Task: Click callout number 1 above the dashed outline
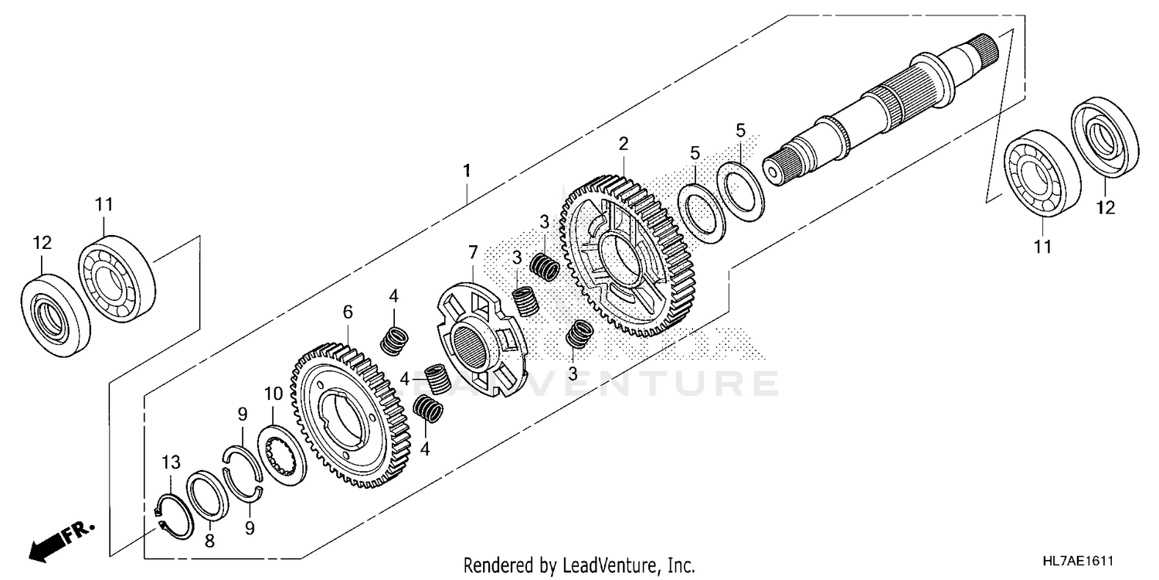pos(466,169)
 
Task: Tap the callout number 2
pos(623,144)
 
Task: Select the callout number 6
pos(348,312)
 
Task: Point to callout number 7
pos(473,251)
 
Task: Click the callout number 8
pos(208,543)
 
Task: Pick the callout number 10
pos(274,394)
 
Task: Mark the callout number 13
pos(170,462)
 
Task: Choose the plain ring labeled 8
pos(207,494)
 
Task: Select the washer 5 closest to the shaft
pos(740,187)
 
